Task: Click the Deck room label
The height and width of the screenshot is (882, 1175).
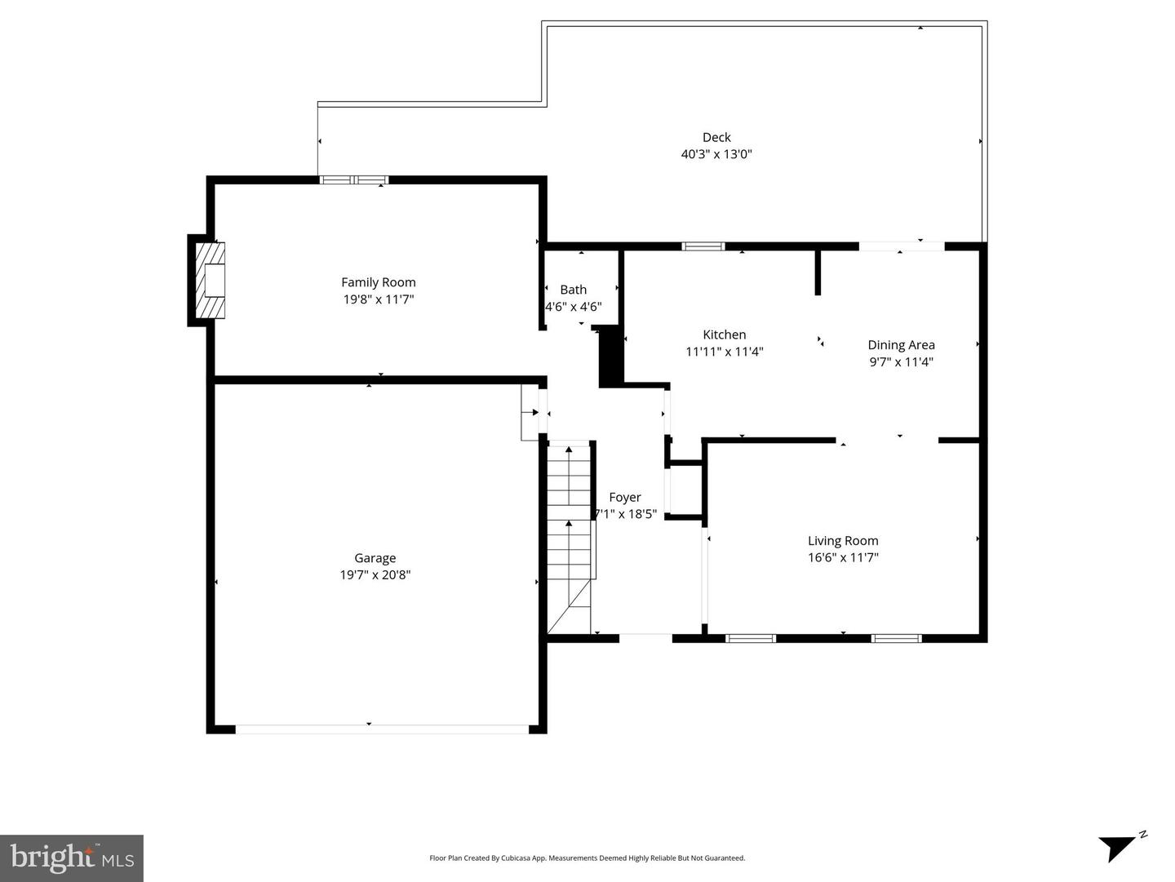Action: coord(716,137)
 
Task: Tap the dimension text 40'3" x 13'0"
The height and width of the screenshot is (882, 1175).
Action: coord(716,154)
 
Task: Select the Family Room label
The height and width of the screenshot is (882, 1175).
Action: coord(379,282)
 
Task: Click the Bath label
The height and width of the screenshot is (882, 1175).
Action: coord(573,290)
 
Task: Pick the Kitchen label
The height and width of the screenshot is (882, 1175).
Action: coord(725,335)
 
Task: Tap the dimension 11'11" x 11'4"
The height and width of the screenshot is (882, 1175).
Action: coord(725,352)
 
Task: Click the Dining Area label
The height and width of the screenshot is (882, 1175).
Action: coord(901,345)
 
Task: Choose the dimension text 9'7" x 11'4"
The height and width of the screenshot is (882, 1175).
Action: coord(901,362)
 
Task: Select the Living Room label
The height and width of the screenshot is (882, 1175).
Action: coord(843,540)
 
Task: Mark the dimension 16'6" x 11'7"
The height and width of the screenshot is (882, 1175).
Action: coord(843,558)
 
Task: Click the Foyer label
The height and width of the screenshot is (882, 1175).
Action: coord(625,497)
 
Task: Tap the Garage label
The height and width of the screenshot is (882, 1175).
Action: coord(375,558)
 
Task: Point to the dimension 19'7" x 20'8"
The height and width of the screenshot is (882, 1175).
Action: coord(375,575)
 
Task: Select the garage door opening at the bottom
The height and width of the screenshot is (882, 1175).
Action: coord(382,729)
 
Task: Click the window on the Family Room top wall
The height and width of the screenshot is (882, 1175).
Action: coord(353,180)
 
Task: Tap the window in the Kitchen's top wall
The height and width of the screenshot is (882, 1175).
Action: coord(703,246)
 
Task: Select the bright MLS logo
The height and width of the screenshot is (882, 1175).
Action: coord(72,858)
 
